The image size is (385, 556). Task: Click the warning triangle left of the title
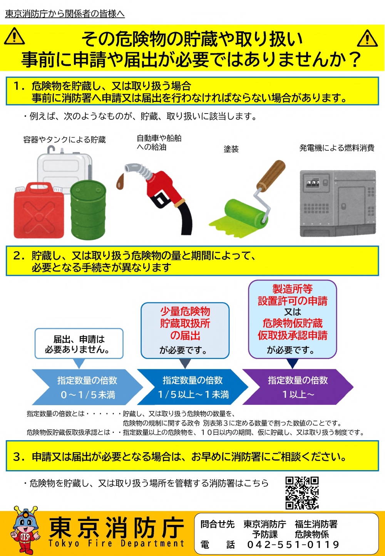pos(14,36)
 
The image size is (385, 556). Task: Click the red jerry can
pos(38,210)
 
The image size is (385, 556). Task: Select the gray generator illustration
pos(338,204)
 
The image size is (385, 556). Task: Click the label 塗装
pos(231,149)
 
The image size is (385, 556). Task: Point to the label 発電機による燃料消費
pos(336,148)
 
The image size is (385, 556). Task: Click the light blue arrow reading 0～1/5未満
pos(87,387)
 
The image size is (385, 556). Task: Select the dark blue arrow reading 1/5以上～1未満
pos(193,387)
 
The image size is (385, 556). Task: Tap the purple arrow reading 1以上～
pos(298,387)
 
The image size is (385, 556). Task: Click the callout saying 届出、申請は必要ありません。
pos(79,344)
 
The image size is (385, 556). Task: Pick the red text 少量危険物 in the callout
pos(185,311)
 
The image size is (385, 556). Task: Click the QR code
pos(302,493)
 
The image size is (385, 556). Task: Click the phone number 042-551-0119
pos(293,545)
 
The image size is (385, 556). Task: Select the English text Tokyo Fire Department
pos(116,543)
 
